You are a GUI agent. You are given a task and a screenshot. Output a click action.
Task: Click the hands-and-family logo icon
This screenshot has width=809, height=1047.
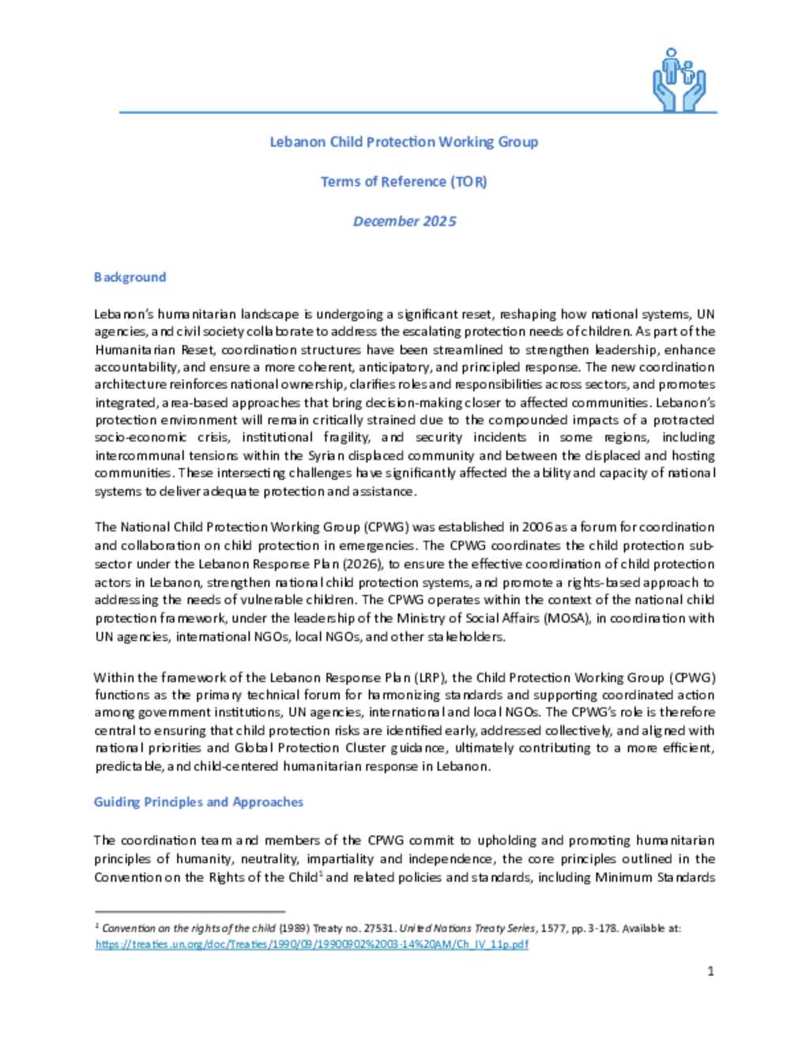[x=679, y=79]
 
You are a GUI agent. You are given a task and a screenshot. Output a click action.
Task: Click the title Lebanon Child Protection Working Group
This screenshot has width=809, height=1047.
[x=404, y=142]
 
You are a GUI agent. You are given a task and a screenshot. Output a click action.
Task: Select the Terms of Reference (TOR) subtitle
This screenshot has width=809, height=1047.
[x=404, y=182]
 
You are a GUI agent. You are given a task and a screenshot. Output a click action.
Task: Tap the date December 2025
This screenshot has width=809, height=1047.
[x=404, y=221]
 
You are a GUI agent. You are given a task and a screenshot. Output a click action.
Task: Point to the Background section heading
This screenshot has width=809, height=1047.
[x=130, y=277]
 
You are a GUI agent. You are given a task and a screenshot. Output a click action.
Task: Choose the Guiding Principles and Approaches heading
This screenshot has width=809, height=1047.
[x=198, y=802]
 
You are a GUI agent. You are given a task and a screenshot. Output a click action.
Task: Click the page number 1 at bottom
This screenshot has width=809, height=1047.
[x=710, y=971]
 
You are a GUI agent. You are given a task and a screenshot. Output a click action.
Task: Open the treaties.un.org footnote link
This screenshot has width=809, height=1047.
[x=311, y=944]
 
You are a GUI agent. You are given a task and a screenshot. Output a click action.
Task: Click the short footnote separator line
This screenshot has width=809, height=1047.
[x=190, y=911]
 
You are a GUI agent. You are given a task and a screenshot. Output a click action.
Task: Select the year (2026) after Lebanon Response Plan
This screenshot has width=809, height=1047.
[x=363, y=564]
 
